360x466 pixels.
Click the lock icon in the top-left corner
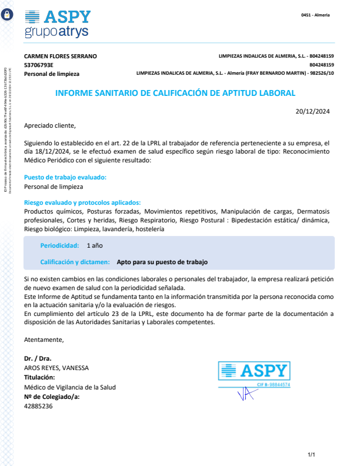(x=8, y=16)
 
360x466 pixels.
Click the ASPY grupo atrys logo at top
(x=58, y=24)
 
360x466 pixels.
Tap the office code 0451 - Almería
(x=315, y=15)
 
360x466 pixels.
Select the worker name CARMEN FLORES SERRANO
(x=61, y=56)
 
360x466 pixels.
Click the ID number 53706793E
(x=39, y=65)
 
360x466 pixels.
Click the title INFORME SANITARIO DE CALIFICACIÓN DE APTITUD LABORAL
(x=175, y=93)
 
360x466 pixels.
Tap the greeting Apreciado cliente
(x=50, y=125)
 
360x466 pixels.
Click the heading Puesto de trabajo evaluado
(x=65, y=177)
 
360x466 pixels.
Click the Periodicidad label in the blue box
(x=59, y=245)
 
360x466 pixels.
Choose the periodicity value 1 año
(x=95, y=245)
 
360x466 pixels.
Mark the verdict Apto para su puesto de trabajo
(x=162, y=262)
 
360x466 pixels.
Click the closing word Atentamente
(x=44, y=339)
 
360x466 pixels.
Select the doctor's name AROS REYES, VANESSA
(x=56, y=368)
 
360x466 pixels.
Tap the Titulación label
(x=39, y=377)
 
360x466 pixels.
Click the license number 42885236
(x=38, y=406)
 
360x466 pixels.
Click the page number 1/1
(x=312, y=454)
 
